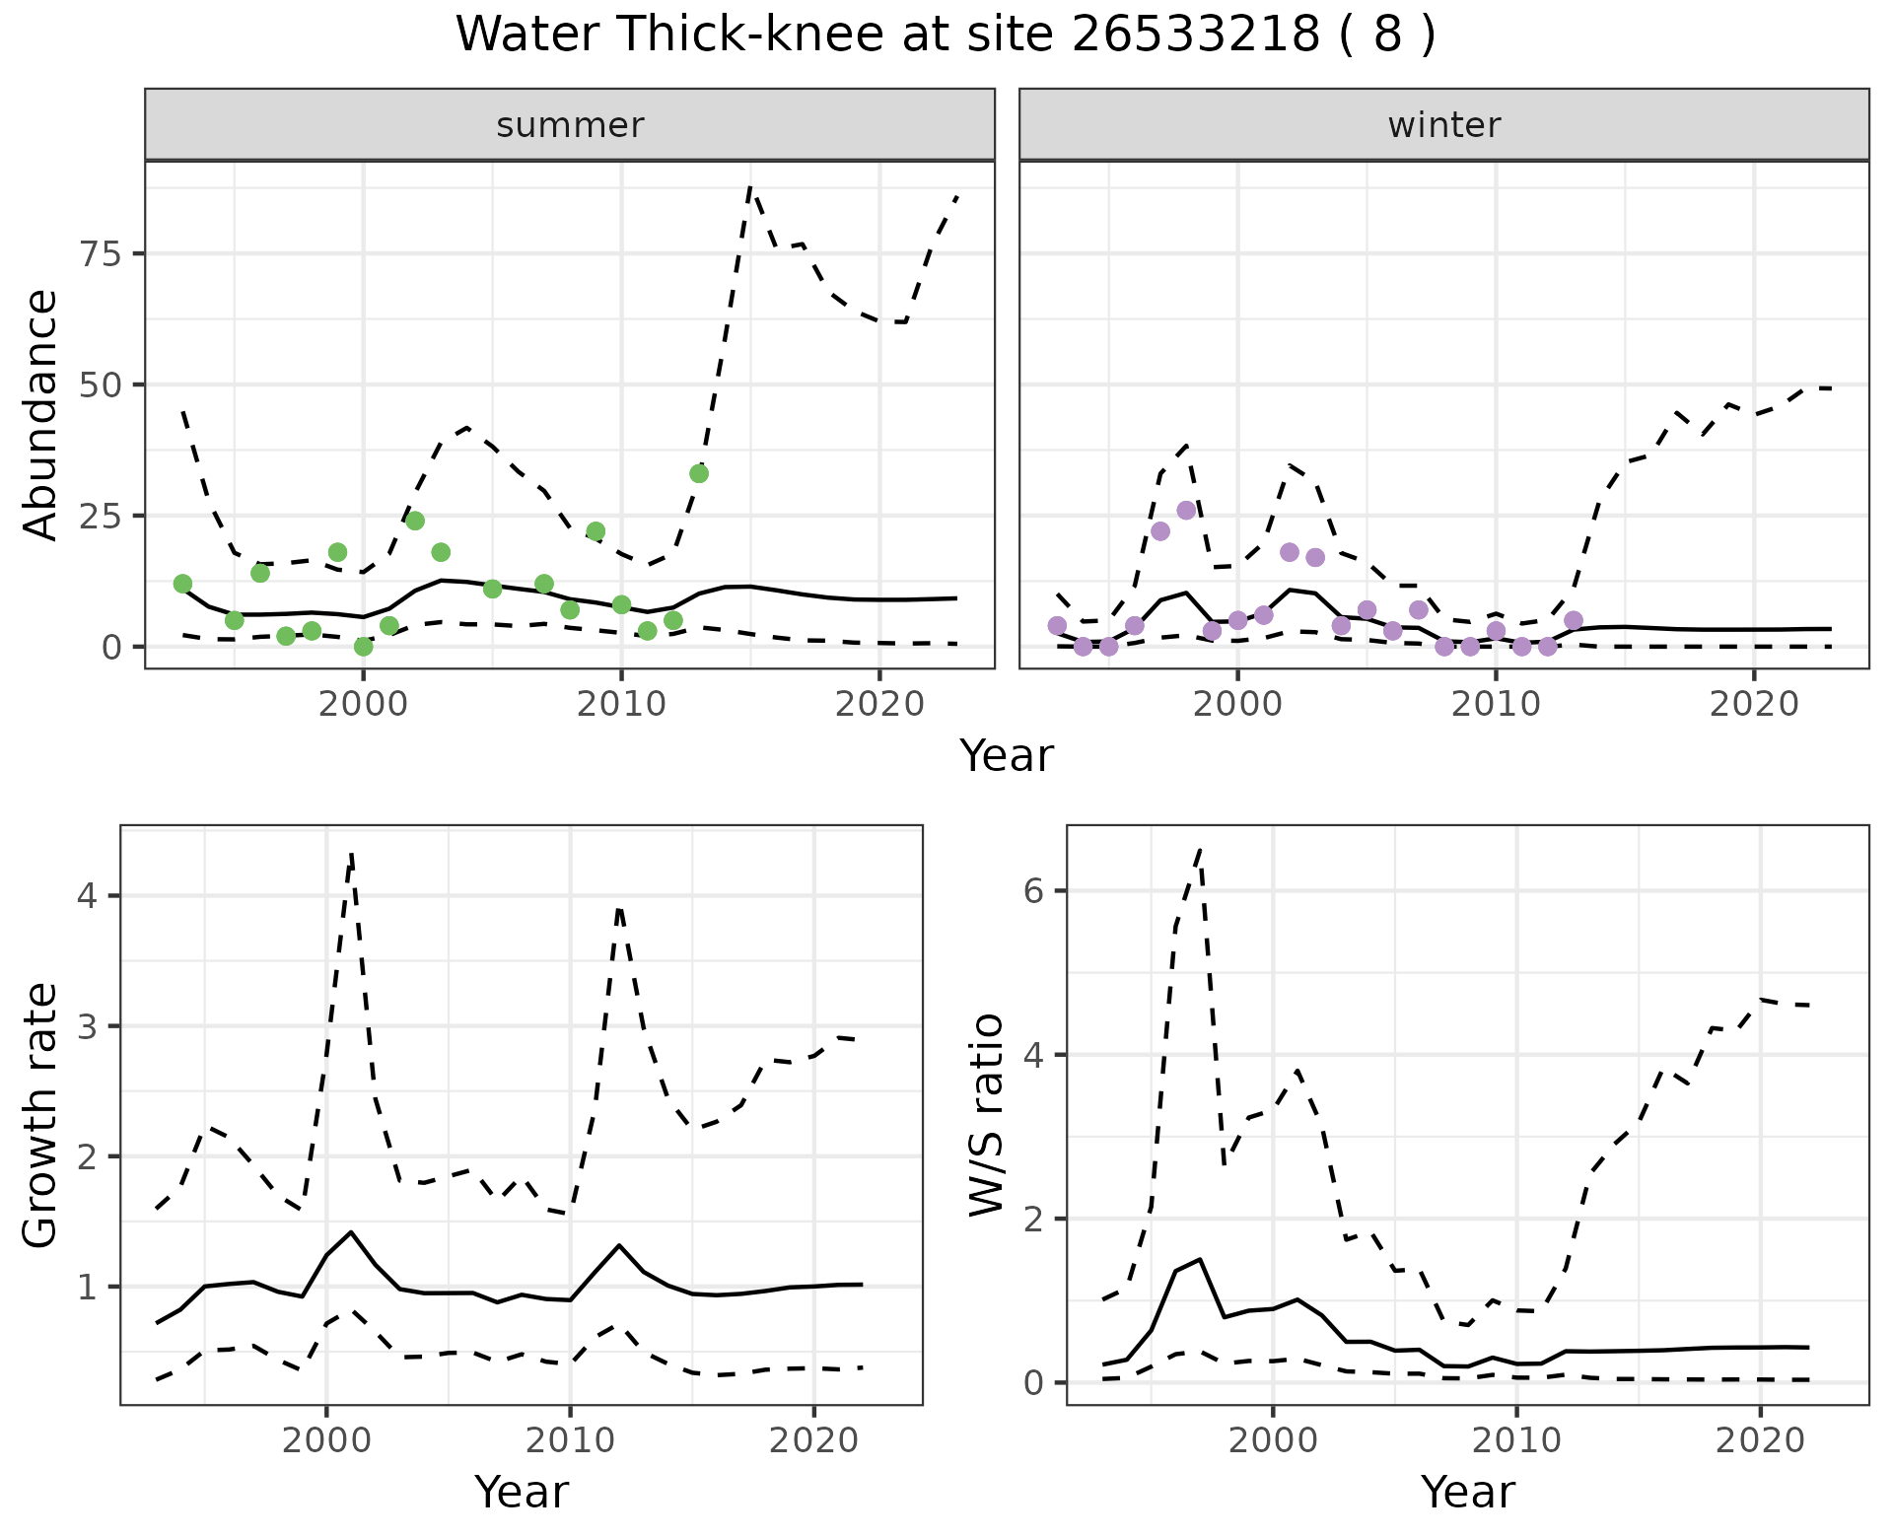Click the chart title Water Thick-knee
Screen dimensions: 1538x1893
(945, 35)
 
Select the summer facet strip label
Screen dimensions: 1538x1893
(570, 125)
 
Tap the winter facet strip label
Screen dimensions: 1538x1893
(1443, 125)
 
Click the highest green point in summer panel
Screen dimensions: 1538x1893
(699, 474)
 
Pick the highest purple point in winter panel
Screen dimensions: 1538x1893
(1186, 511)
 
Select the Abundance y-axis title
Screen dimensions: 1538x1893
(41, 415)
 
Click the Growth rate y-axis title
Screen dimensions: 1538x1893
(41, 1114)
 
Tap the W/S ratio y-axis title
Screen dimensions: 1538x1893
(987, 1114)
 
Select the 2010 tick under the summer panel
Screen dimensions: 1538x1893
(621, 705)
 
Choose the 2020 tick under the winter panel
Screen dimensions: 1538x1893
(1754, 705)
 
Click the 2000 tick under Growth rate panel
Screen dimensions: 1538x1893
(326, 1440)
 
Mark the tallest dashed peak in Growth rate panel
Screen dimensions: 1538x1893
(351, 854)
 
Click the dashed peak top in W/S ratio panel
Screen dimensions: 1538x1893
(1200, 848)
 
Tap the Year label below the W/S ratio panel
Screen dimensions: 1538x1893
(1467, 1493)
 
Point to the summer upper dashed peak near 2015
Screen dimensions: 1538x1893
(750, 186)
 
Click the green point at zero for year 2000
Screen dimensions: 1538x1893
(363, 647)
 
